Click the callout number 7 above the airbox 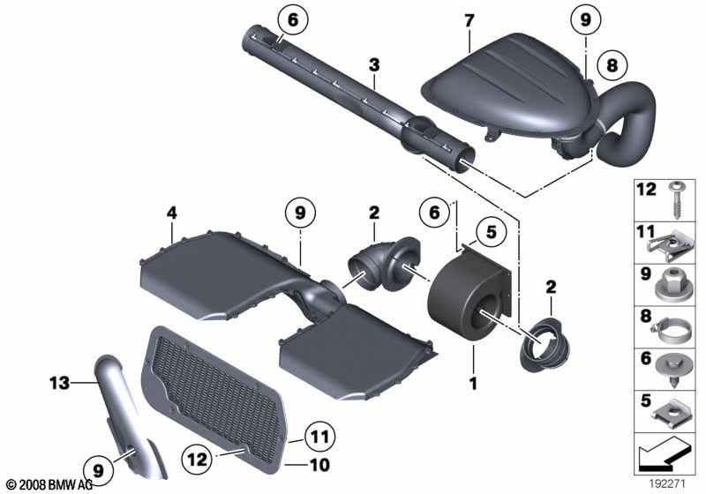click(x=469, y=21)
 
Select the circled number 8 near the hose click(x=612, y=65)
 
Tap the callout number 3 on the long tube click(x=374, y=65)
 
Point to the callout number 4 click(x=172, y=213)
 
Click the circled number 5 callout click(x=492, y=232)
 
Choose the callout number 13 click(x=60, y=384)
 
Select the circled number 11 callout click(x=319, y=437)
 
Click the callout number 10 click(x=319, y=465)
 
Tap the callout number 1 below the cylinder click(x=473, y=384)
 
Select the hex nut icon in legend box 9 click(x=673, y=285)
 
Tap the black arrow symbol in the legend click(x=664, y=454)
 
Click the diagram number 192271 click(x=667, y=483)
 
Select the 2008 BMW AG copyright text click(x=49, y=484)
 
